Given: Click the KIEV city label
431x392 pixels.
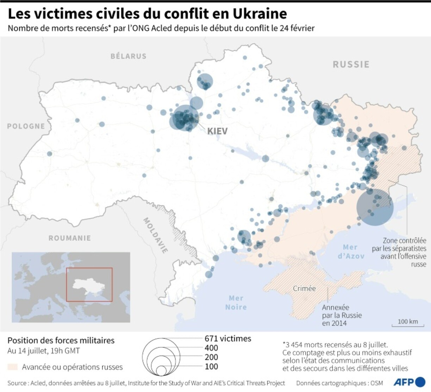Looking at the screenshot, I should tap(217, 131).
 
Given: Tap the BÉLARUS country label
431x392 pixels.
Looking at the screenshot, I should tap(129, 56).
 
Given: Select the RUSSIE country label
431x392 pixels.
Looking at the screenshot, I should tap(351, 64).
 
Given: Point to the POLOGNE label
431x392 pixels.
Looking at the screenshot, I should tap(26, 126).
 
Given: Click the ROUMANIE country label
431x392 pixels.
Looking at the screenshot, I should tap(69, 238).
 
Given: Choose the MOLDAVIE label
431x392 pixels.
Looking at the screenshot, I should tap(155, 235).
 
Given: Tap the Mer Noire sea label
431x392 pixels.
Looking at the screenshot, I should tap(236, 303).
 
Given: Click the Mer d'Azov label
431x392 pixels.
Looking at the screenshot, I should tap(351, 252).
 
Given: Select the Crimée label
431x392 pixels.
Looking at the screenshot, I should tap(304, 289).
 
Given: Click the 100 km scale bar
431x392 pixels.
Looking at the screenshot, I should tap(408, 322).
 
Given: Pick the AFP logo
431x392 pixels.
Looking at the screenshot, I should tap(409, 382).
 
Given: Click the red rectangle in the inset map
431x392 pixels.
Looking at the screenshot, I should tap(89, 284).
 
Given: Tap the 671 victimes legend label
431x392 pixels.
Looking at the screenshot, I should tap(228, 339).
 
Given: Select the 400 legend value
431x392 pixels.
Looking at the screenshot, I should tap(211, 348).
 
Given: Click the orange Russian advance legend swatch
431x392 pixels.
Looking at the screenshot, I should tap(13, 367).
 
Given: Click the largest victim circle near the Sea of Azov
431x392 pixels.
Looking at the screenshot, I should tap(375, 207).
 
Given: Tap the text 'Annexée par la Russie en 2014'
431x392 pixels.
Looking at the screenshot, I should tap(342, 315).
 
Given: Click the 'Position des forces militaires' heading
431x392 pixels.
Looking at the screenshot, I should tap(61, 341).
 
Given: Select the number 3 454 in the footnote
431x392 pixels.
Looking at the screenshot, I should tap(295, 345).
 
